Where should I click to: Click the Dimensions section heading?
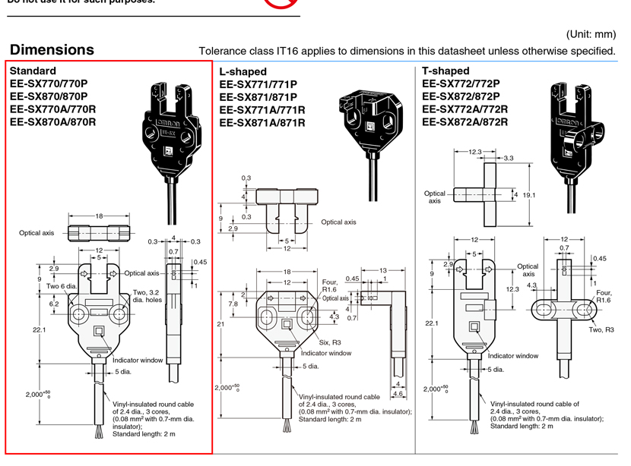pyautogui.click(x=52, y=50)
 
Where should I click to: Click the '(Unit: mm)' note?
pyautogui.click(x=591, y=34)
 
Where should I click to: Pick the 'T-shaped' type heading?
pyautogui.click(x=446, y=71)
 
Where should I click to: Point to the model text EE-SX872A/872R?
pyautogui.click(x=465, y=121)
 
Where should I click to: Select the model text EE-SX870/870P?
pyautogui.click(x=49, y=96)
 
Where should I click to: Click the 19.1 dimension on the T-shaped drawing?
pyautogui.click(x=529, y=195)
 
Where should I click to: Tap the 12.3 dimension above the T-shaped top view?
pyautogui.click(x=475, y=152)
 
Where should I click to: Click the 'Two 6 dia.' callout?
pyautogui.click(x=62, y=286)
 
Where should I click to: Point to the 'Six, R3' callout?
pyautogui.click(x=329, y=342)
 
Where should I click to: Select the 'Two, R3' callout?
pyautogui.click(x=601, y=329)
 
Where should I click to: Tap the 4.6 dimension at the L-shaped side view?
pyautogui.click(x=398, y=393)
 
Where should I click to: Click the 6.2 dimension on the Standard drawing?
pyautogui.click(x=55, y=304)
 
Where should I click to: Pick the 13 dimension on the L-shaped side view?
pyautogui.click(x=383, y=270)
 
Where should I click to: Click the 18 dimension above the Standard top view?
pyautogui.click(x=99, y=216)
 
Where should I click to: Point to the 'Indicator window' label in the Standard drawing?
pyautogui.click(x=137, y=361)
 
